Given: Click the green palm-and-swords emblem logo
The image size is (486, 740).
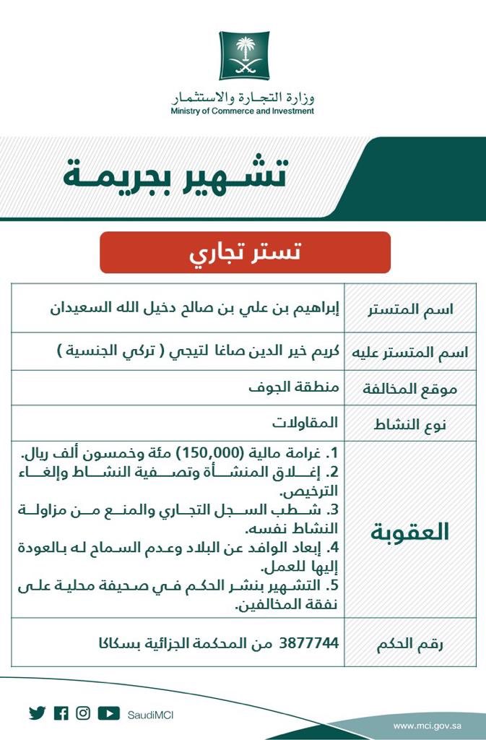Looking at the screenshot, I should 243,56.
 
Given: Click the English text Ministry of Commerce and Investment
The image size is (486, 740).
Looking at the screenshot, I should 243,111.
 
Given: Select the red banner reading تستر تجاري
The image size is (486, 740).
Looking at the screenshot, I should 245,253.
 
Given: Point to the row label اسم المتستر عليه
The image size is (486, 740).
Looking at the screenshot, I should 409,352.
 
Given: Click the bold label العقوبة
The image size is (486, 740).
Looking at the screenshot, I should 410,531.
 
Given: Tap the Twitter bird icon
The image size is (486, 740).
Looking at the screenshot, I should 37,713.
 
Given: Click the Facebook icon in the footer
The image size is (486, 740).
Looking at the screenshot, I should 61,713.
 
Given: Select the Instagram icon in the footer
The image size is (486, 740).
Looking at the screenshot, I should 83,713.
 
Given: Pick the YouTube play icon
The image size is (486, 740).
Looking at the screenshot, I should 108,713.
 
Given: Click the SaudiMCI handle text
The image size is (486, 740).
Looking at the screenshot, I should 149,715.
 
